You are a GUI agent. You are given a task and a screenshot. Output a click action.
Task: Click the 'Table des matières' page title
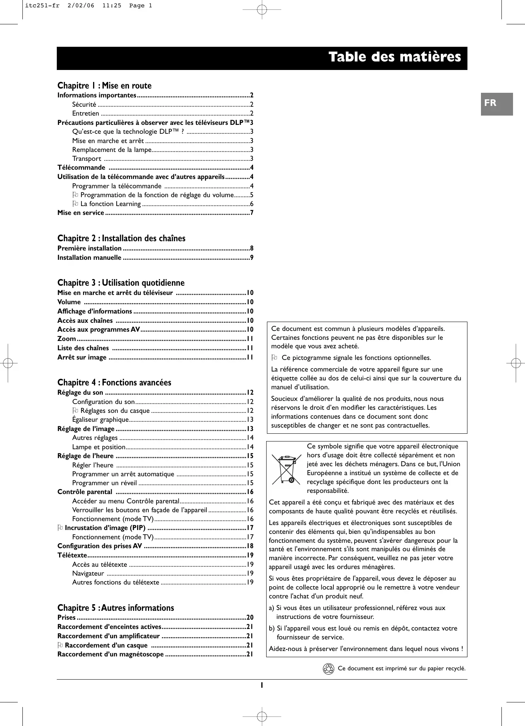[x=394, y=57]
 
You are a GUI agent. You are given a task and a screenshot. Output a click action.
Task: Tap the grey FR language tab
[x=496, y=104]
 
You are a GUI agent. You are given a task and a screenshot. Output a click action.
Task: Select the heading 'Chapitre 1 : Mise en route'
[x=104, y=86]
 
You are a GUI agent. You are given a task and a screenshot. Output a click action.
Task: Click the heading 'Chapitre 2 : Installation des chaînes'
[x=121, y=239]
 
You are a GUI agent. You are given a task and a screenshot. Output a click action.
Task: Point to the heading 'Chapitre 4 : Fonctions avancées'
[x=114, y=383]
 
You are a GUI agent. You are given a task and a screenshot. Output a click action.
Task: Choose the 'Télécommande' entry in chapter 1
[x=82, y=168]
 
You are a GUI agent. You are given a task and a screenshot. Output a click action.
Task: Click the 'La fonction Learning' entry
[x=110, y=204]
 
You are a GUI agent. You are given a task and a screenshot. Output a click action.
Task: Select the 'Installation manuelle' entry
[x=89, y=258]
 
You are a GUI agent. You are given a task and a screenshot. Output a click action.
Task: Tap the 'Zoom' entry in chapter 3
[x=66, y=339]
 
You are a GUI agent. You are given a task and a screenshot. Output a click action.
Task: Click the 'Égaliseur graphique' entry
[x=100, y=420]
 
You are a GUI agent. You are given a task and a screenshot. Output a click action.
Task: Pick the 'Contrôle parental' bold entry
[x=85, y=492]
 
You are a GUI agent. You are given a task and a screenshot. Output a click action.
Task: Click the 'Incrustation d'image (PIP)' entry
[x=105, y=528]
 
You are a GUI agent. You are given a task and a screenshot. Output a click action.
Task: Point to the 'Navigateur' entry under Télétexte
[x=88, y=574]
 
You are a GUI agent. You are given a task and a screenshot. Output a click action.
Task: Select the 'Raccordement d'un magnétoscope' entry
[x=110, y=654]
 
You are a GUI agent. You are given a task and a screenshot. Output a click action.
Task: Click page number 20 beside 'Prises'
[x=250, y=618]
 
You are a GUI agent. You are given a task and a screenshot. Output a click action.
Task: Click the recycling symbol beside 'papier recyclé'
[x=328, y=669]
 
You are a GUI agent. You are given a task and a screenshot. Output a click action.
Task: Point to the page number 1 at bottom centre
[x=262, y=685]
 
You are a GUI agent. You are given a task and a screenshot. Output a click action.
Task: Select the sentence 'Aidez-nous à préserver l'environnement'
[x=365, y=649]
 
